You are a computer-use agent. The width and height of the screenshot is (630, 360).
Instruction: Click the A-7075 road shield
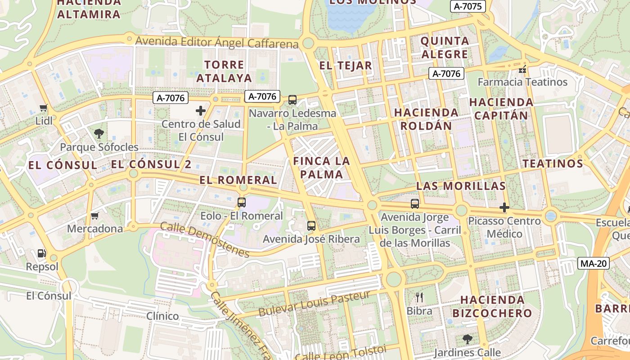pos(468,6)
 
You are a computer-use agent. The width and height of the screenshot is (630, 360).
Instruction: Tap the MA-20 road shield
pos(593,263)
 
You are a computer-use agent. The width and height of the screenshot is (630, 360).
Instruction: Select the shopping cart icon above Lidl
pos(44,108)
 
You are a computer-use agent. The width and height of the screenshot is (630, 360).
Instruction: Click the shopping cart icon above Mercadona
pos(94,216)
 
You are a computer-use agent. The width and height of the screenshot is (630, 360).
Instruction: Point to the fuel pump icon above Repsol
pos(42,254)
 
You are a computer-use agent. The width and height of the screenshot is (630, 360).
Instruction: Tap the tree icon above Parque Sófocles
pos(99,133)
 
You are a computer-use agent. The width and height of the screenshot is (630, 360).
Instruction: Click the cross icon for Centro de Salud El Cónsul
pos(201,110)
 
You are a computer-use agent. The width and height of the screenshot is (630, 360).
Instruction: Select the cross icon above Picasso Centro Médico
pos(504,207)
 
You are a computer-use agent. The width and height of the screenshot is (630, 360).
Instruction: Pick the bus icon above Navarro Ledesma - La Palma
pos(292,100)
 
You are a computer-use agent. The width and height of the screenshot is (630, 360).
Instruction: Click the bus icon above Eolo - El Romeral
pos(242,202)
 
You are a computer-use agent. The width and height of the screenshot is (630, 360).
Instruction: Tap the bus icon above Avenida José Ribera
pos(311,226)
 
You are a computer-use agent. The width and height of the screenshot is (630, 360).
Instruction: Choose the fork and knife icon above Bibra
pos(419,297)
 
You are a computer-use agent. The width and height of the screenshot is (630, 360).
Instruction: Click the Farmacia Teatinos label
pos(522,82)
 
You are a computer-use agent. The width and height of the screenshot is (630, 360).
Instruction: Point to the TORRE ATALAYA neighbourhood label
pos(224,71)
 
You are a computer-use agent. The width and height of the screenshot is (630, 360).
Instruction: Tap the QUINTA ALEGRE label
pos(445,48)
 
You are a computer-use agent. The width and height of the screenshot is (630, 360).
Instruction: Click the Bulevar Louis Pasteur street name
pos(314,304)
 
